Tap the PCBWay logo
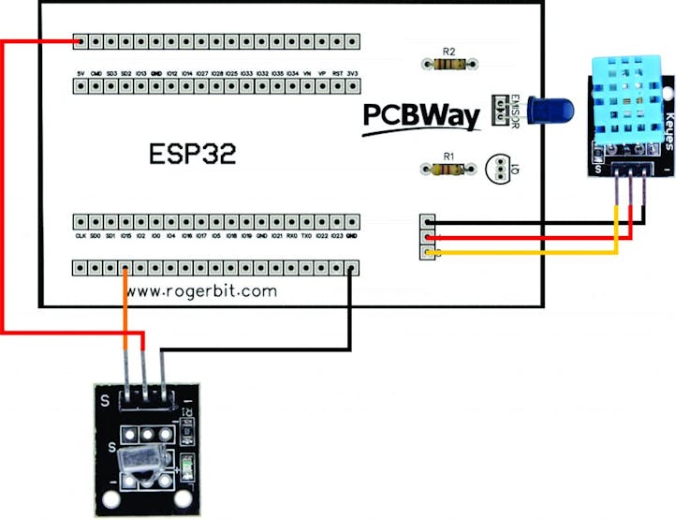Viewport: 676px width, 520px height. (x=421, y=116)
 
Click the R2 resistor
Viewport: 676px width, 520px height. (x=448, y=64)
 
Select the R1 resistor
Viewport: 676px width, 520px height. (x=448, y=169)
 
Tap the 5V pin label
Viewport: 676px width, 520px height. (x=81, y=72)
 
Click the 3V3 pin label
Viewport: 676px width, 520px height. (x=351, y=72)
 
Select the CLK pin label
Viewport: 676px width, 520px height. (x=81, y=237)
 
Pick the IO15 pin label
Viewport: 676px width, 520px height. (x=126, y=237)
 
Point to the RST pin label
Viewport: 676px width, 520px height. (x=336, y=72)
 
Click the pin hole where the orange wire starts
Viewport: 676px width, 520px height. (x=126, y=269)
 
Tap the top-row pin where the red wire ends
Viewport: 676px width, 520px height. (x=81, y=42)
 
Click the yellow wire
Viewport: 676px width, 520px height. (x=524, y=253)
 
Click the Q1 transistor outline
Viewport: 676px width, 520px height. (x=495, y=169)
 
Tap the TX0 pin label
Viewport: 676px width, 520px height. (x=306, y=237)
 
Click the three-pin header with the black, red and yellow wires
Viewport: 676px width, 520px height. (x=428, y=238)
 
